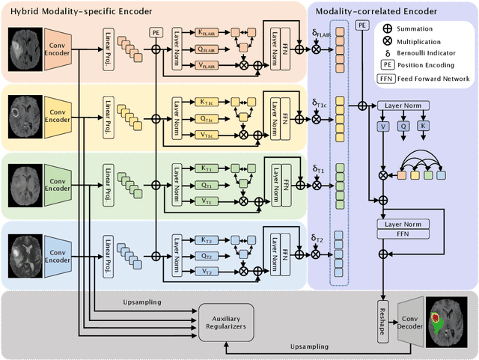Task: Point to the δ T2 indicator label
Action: click(317, 239)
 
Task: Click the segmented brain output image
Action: click(448, 323)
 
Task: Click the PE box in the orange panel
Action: click(156, 33)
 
